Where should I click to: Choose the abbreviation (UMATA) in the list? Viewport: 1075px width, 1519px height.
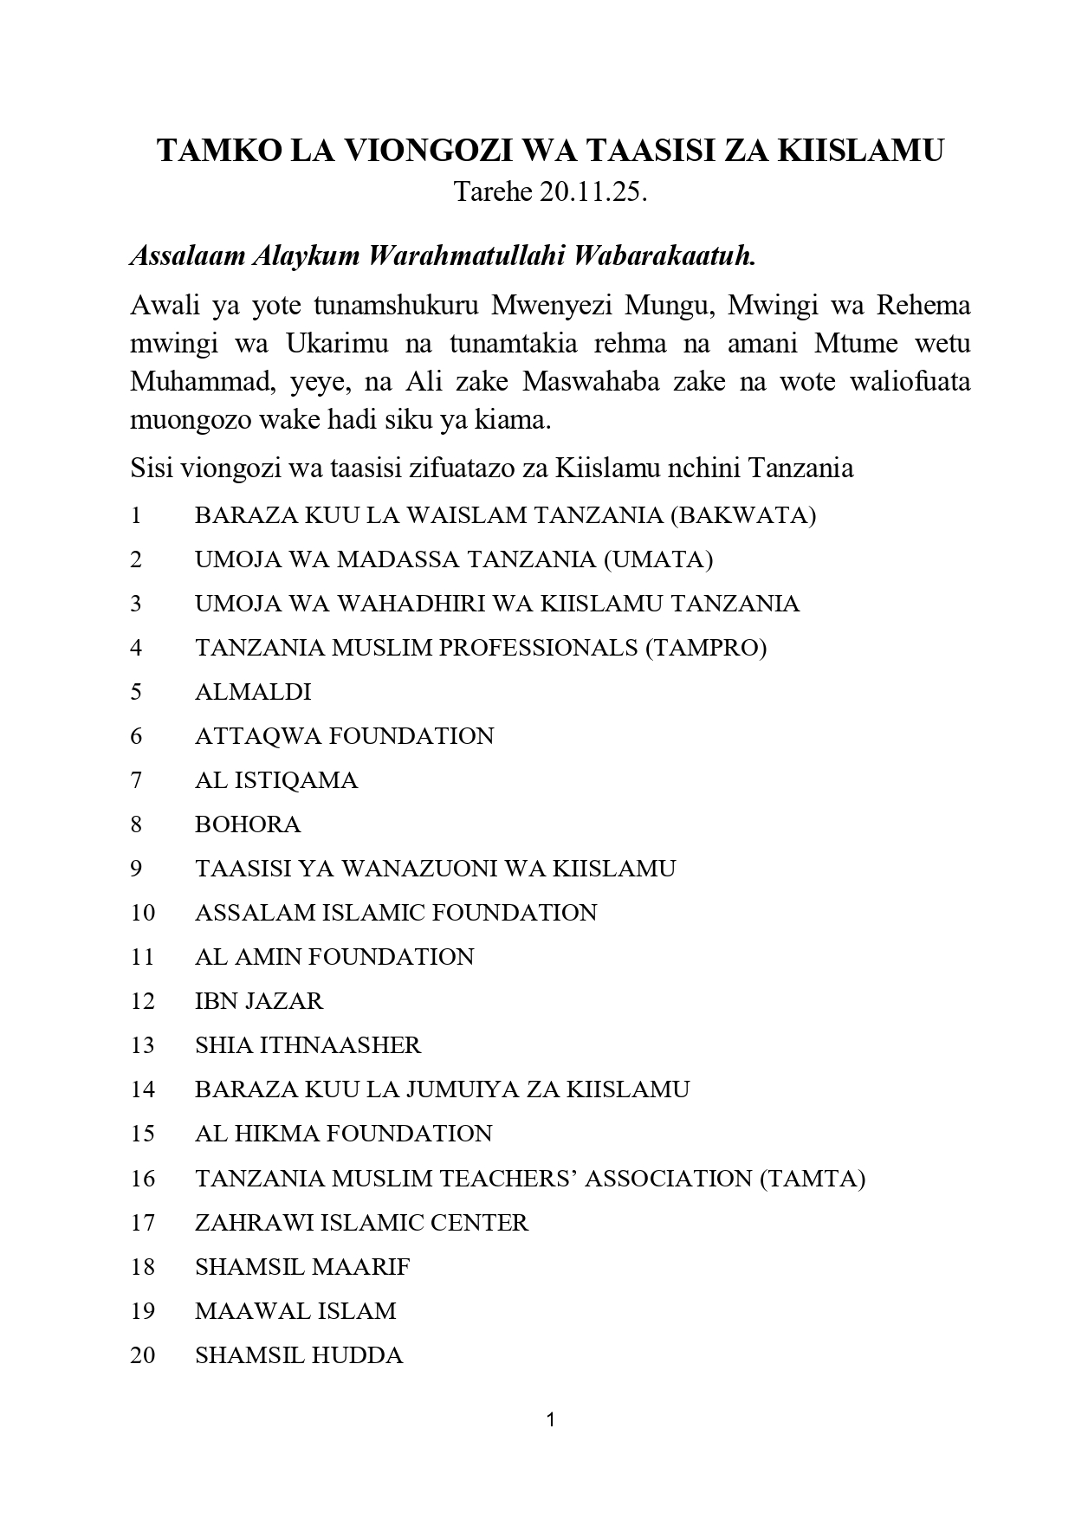pyautogui.click(x=658, y=559)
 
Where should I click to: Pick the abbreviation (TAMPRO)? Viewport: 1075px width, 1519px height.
pyautogui.click(x=706, y=648)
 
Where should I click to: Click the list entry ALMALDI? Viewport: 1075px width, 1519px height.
pyautogui.click(x=253, y=692)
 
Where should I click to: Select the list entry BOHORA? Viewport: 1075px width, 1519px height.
pyautogui.click(x=248, y=824)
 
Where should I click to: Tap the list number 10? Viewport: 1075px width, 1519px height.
pyautogui.click(x=143, y=913)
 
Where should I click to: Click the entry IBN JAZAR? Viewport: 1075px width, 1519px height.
pyautogui.click(x=259, y=1001)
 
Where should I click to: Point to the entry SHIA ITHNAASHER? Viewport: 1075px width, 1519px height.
pyautogui.click(x=308, y=1045)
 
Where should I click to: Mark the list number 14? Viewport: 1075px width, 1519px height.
pyautogui.click(x=143, y=1089)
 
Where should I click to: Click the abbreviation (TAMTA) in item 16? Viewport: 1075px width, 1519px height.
pyautogui.click(x=812, y=1179)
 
